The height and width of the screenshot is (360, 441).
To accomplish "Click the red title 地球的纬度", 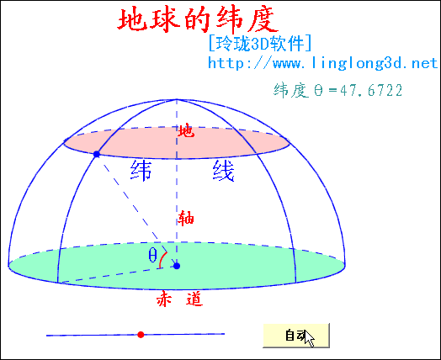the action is pos(198,19).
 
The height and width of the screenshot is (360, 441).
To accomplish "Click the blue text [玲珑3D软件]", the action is pos(259,43).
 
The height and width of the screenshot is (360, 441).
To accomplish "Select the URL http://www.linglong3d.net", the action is pos(323,63).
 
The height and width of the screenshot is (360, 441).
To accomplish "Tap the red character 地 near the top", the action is pos(186,131).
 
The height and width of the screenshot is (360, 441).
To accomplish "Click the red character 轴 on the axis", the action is pos(186,219).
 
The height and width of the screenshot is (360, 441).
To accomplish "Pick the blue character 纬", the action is pos(141,170).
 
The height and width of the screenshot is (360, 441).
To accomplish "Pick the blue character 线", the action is pos(224,170).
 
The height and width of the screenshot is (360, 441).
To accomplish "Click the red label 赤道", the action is pos(180,299).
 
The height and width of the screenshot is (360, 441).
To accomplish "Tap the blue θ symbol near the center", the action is pos(152,255).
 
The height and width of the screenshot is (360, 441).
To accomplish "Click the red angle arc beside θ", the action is pos(162,259).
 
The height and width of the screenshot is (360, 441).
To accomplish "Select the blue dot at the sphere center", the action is pos(177,266).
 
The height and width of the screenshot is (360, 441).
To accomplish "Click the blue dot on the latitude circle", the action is pos(97,154).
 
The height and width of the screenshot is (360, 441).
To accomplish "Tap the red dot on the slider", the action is pos(141,335).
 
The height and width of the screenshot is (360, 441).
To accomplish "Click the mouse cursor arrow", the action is pos(310,339).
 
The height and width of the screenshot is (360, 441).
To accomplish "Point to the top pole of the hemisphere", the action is pos(177,99).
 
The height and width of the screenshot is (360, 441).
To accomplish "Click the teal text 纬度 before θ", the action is pos(291,91).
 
